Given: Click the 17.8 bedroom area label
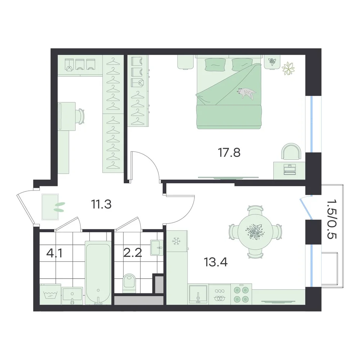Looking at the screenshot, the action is pos(229,153).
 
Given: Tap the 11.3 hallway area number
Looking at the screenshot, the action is pos(101,204).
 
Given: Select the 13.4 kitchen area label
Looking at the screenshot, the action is pos(216,262).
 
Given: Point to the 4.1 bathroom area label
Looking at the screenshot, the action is pos(54,253).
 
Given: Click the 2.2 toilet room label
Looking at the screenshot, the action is pos(133,253).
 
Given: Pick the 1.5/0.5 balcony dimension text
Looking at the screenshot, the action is pos(332,219).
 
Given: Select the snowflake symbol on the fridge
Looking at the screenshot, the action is pos(176,241).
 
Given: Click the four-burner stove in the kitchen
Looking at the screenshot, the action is pos(241,294).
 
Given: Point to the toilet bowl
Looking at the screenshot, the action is pos(129,283).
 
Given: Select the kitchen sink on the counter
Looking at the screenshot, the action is pos(198,294).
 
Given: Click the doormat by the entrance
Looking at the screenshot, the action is pos(50,207).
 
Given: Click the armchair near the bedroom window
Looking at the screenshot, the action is pos(291,151).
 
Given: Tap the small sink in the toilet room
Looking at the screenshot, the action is pos(157,248).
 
